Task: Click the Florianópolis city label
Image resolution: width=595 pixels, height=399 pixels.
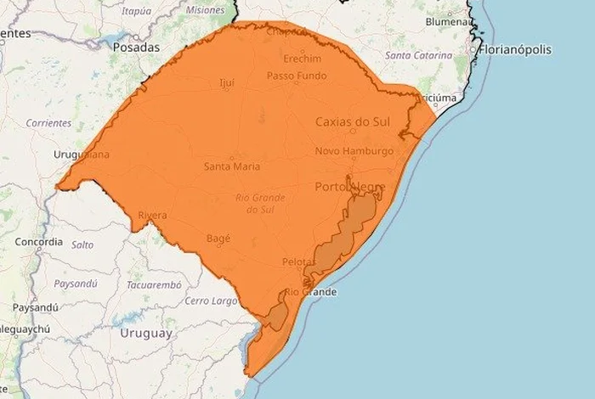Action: [516, 49]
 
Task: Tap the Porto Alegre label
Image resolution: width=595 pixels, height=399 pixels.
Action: [350, 187]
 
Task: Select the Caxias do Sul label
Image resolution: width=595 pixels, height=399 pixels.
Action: [352, 122]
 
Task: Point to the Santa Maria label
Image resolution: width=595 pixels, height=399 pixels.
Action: [232, 166]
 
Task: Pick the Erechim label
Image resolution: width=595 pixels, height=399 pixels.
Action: [305, 59]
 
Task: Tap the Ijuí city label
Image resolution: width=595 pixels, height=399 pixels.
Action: [227, 82]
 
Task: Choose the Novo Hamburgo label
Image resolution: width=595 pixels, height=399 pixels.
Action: [354, 151]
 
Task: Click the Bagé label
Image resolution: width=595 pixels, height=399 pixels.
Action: [218, 239]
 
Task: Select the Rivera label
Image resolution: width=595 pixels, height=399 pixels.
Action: [152, 216]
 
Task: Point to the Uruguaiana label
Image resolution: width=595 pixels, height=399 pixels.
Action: [82, 155]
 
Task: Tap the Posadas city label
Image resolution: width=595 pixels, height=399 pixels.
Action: [136, 48]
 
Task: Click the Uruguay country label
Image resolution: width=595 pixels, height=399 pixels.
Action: [145, 334]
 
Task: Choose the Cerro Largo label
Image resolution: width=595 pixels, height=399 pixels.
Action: [211, 301]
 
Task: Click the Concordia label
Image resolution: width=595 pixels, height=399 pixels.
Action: [39, 242]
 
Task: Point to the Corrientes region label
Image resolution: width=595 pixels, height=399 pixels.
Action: [48, 123]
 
